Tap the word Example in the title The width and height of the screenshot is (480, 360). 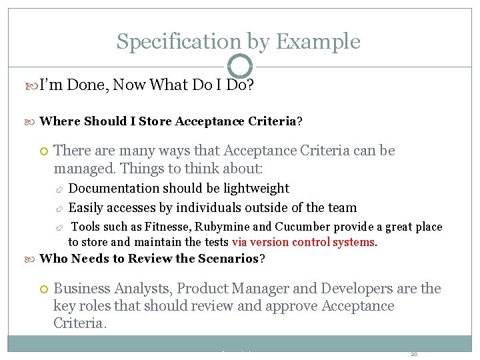[317, 41]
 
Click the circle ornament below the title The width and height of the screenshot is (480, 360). [240, 66]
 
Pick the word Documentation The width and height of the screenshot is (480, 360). [114, 189]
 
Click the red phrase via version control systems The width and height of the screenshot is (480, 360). [304, 242]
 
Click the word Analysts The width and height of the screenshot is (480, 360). [137, 289]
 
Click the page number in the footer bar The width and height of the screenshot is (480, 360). [414, 354]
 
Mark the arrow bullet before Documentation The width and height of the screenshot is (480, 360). [59, 189]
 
